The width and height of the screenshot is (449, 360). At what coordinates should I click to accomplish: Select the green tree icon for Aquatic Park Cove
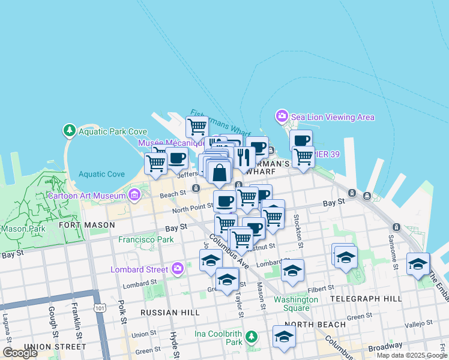(x=70, y=130)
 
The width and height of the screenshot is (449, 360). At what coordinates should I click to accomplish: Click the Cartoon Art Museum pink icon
(x=134, y=194)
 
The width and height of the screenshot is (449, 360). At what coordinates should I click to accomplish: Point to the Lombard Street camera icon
(x=178, y=269)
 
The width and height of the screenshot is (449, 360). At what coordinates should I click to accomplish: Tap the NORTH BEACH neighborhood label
(x=315, y=325)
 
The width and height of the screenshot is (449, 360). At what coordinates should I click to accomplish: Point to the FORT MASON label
(x=87, y=225)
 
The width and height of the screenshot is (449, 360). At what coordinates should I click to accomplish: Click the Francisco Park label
(x=146, y=239)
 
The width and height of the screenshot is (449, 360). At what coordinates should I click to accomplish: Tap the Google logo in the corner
(x=20, y=352)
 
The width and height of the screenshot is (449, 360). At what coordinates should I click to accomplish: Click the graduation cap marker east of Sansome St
(x=418, y=263)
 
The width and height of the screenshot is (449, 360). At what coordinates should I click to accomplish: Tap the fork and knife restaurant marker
(x=243, y=157)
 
